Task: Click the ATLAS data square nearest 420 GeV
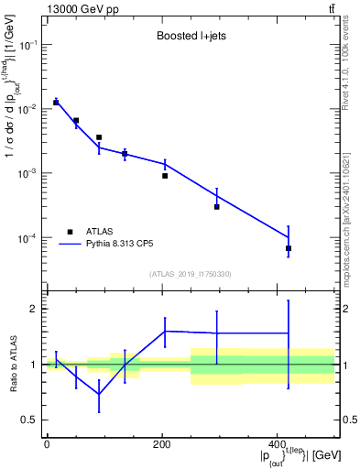tap(289, 248)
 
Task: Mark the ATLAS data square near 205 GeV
tap(165, 175)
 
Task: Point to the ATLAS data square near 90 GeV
tap(99, 137)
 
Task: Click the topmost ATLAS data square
tap(56, 103)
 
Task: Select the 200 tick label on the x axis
tap(162, 443)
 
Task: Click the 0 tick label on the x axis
tap(47, 443)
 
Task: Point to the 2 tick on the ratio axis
tap(32, 309)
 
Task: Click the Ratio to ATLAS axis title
tap(10, 364)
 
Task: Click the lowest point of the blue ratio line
tap(99, 394)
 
